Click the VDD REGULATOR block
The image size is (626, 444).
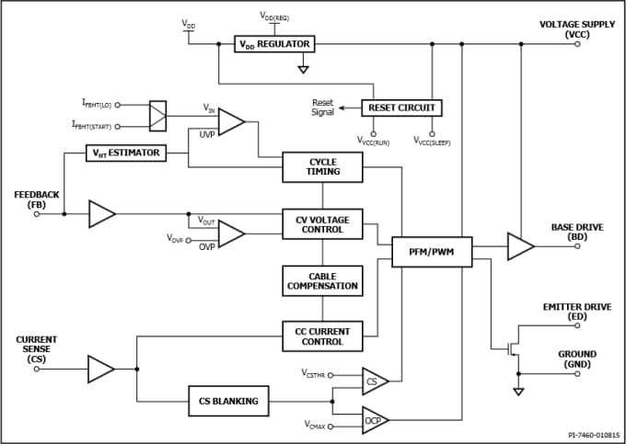pyautogui.click(x=274, y=44)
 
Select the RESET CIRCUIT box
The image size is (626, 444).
pyautogui.click(x=400, y=108)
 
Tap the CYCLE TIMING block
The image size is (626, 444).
pyautogui.click(x=322, y=165)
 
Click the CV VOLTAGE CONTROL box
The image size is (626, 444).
pyautogui.click(x=322, y=223)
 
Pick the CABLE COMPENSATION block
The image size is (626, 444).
pyautogui.click(x=322, y=279)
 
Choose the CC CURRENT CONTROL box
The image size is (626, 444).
pyautogui.click(x=322, y=336)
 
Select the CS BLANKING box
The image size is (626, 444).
pyautogui.click(x=228, y=401)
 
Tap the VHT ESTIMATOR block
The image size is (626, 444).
pyautogui.click(x=127, y=153)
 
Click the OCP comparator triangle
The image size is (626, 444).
pyautogui.click(x=373, y=420)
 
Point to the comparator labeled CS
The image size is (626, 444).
pyautogui.click(x=373, y=381)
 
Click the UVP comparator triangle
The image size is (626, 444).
pyautogui.click(x=230, y=121)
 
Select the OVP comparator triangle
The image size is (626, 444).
pyautogui.click(x=230, y=233)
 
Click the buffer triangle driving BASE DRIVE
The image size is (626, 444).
pyautogui.click(x=519, y=246)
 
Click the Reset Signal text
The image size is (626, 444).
pyautogui.click(x=322, y=108)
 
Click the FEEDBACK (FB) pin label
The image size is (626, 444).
pyautogui.click(x=37, y=199)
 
